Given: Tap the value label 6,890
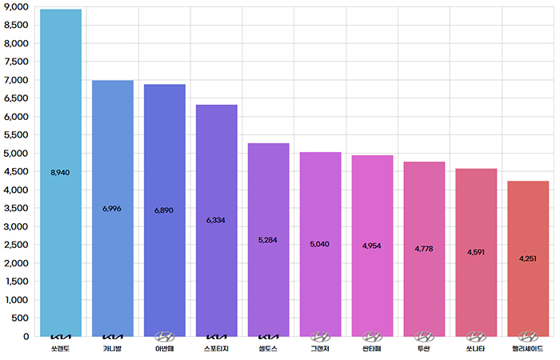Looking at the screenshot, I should pos(164,210).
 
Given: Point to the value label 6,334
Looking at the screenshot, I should pos(216,220).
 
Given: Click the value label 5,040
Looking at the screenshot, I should pos(320,244).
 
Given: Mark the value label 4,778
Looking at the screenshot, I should pos(424,250).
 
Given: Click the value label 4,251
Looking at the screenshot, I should pos(528,258).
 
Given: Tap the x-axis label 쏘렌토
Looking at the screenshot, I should pos(60,349).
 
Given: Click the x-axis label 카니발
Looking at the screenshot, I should pos(112,349).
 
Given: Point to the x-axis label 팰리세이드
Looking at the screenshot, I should pos(528,349).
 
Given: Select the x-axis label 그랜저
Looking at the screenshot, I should pos(320,349).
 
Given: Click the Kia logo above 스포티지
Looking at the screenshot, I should pos(216,337).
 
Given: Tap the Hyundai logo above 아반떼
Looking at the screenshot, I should pos(164,337).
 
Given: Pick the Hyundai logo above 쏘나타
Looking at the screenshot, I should pos(476,337).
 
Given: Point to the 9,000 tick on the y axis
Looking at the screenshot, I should pos(16,6).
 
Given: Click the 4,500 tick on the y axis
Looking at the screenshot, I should pos(16,171).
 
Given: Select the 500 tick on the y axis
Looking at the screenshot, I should pos(22,318).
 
